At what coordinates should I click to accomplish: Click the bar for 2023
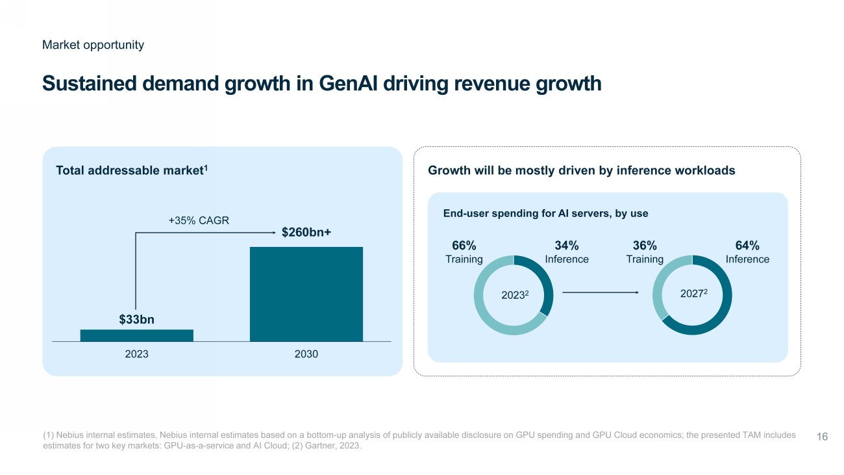[136, 335]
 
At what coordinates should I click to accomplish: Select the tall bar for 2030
[306, 294]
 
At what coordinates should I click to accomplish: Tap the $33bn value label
[136, 320]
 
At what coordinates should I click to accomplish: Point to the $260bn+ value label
[306, 233]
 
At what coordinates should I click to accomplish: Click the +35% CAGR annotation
[199, 220]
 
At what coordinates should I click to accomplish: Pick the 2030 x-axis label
[306, 355]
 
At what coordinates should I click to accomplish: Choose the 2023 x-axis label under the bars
[136, 355]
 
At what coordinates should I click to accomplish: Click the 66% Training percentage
[464, 246]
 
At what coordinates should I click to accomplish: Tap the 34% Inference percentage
[566, 246]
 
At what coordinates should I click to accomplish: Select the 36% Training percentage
[645, 246]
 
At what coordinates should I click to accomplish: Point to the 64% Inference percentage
[747, 246]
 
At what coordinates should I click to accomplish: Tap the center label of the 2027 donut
[693, 294]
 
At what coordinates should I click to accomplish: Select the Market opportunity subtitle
[93, 45]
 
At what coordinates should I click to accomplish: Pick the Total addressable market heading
[132, 170]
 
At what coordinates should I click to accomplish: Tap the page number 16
[821, 437]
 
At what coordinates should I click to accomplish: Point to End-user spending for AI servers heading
[545, 213]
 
